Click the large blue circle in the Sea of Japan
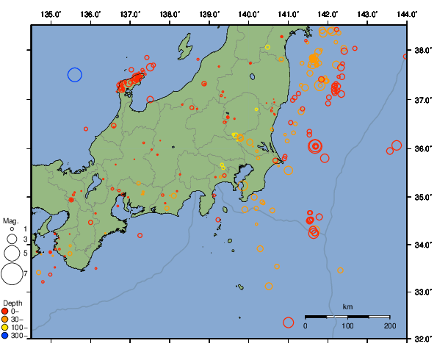74,74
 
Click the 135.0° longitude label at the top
51,14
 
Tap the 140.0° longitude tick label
249,14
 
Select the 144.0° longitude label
408,14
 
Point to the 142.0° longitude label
328,14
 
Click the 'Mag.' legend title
10,220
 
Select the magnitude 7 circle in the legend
11,274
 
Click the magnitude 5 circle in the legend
11,253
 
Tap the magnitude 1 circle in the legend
11,229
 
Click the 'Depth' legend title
12,303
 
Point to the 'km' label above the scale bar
347,306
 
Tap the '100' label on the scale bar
347,325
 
